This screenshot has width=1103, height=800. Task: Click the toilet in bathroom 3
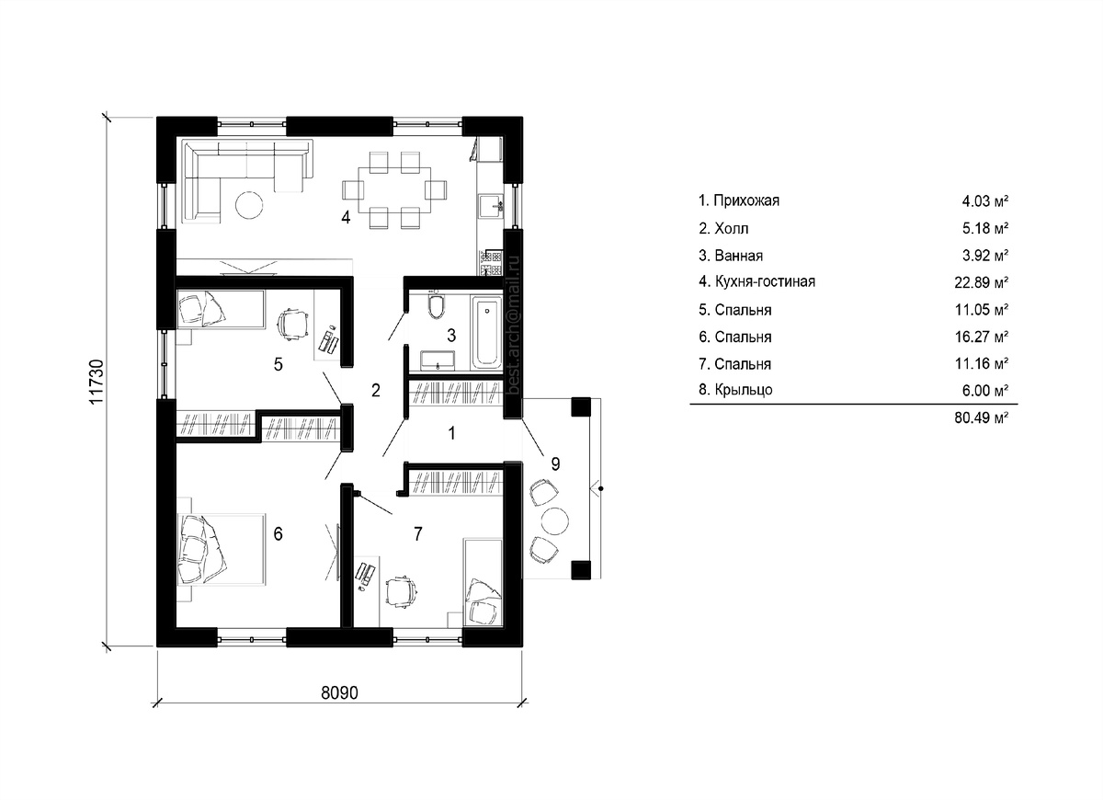click(436, 305)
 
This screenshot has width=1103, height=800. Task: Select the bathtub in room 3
click(486, 333)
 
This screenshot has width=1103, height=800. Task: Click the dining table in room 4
click(394, 190)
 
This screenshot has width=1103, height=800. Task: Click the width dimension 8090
click(340, 693)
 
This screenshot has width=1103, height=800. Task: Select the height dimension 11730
click(97, 382)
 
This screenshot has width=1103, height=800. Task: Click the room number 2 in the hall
click(376, 391)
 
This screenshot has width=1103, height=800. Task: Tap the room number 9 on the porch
click(555, 463)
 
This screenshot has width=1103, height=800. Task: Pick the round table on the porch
click(555, 520)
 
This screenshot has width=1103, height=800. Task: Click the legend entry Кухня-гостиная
click(756, 281)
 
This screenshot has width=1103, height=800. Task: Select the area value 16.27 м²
click(982, 337)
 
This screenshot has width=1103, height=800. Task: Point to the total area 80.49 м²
click(982, 417)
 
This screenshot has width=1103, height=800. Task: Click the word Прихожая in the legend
click(746, 201)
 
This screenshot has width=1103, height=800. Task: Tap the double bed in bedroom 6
click(221, 549)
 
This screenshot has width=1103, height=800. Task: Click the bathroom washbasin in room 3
click(438, 360)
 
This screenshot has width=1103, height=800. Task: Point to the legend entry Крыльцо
click(735, 390)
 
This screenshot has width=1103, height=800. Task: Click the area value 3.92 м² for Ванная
click(985, 256)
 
